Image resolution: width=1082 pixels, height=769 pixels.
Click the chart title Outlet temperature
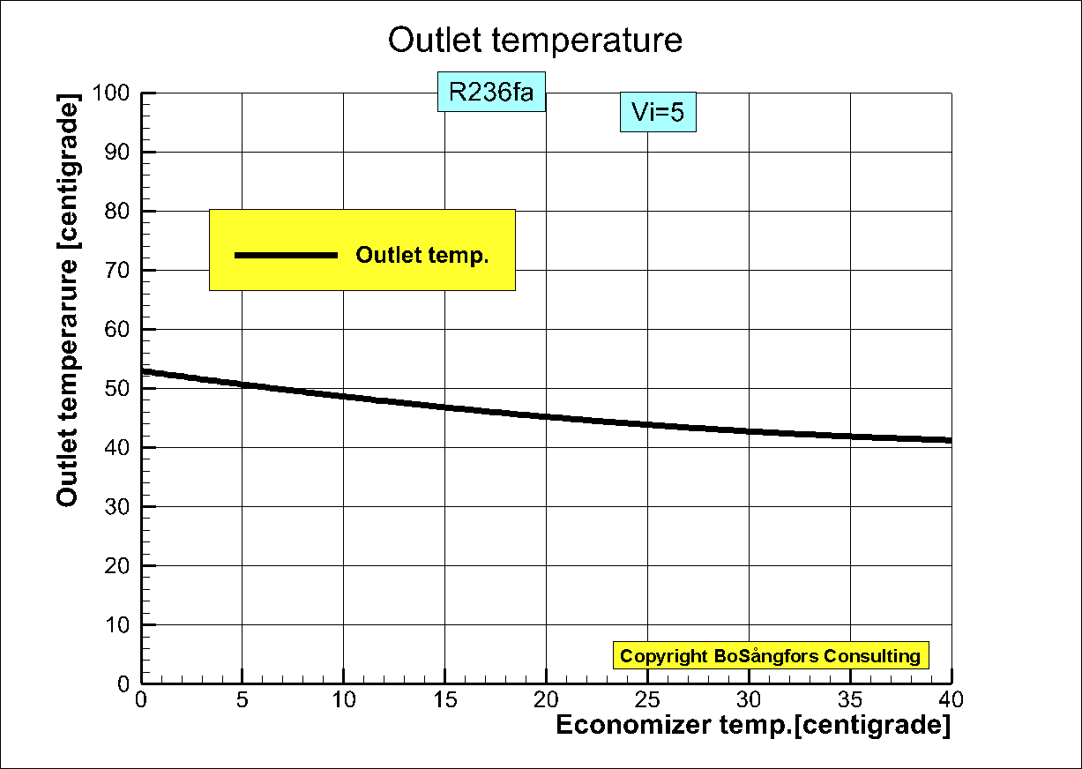point(535,41)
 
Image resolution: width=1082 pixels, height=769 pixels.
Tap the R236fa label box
point(491,92)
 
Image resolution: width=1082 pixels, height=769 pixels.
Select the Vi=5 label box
point(658,112)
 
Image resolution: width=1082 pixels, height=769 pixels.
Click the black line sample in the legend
point(287,255)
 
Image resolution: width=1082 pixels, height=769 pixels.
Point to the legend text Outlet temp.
point(422,256)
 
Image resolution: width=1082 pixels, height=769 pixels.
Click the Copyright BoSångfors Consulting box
point(770,655)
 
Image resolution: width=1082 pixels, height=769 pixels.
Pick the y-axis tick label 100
point(115,93)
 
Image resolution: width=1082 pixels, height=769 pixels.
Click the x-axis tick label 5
point(243,700)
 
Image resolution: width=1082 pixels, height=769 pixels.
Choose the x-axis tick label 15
point(445,700)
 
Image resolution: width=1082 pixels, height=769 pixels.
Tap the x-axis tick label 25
point(648,700)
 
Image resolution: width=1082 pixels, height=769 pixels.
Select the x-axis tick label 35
point(850,700)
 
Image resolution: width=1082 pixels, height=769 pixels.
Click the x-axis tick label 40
point(951,700)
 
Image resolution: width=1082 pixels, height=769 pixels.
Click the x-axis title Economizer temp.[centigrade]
point(753,726)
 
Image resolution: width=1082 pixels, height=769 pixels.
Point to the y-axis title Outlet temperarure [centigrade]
point(68,301)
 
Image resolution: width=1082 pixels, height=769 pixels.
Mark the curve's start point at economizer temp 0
point(142,371)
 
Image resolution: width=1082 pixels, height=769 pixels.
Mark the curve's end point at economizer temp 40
point(951,440)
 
